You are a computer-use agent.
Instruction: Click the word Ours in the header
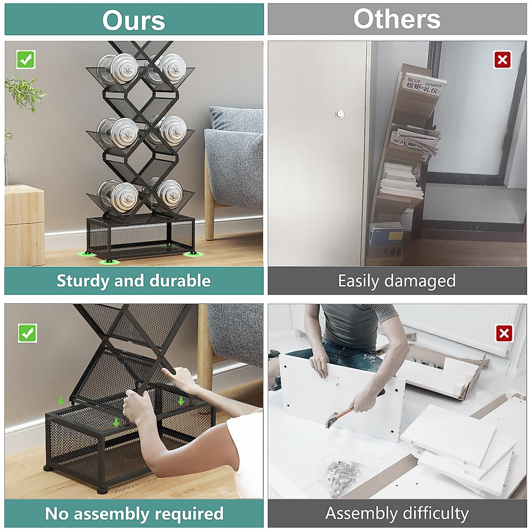click(133, 20)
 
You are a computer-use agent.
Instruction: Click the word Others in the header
click(397, 20)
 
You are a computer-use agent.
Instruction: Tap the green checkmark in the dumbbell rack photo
click(26, 59)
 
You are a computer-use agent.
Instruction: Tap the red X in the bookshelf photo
click(502, 59)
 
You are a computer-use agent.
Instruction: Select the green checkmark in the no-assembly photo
click(27, 333)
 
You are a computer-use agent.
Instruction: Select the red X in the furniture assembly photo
click(504, 333)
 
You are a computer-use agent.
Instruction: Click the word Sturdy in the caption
click(82, 281)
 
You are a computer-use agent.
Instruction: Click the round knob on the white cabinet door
click(340, 114)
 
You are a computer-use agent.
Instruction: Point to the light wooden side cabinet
click(24, 226)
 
